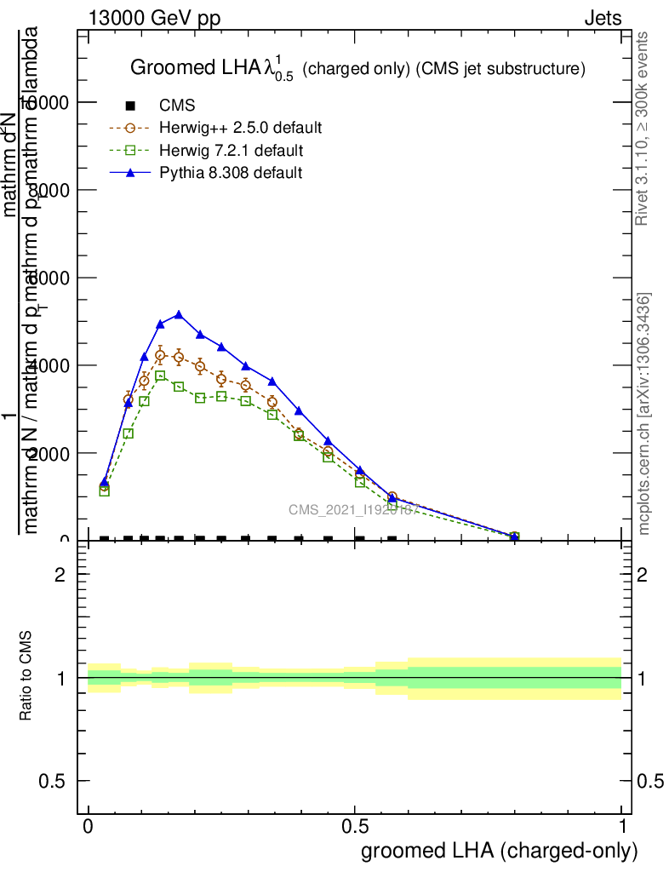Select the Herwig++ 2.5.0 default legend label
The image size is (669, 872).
[x=241, y=129]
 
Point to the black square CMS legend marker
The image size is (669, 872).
[x=130, y=106]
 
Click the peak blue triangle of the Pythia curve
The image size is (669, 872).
[x=179, y=314]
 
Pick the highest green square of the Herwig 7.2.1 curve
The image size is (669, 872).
[x=160, y=376]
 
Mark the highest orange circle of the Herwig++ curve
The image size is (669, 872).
[x=160, y=355]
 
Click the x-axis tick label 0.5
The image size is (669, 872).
[x=355, y=827]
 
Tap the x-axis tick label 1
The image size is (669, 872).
[x=622, y=827]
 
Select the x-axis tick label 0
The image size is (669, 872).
[x=89, y=827]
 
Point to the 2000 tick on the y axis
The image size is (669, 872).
[x=51, y=453]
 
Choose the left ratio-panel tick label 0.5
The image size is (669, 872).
[x=53, y=781]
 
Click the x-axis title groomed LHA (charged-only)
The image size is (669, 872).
[x=500, y=851]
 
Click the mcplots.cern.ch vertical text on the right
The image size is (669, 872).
[x=644, y=414]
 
